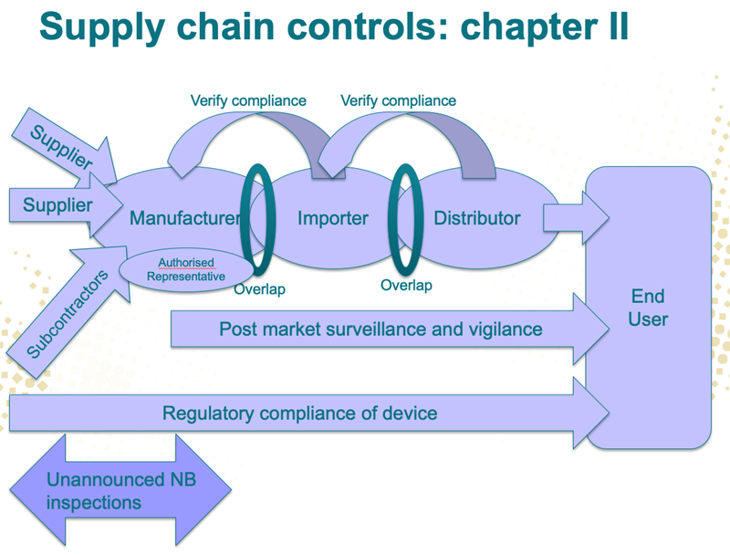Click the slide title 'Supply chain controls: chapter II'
pyautogui.click(x=334, y=26)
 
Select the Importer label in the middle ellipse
pyautogui.click(x=333, y=218)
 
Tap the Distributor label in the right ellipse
pyautogui.click(x=476, y=218)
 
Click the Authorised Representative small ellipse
pyautogui.click(x=186, y=269)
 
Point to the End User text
pyautogui.click(x=648, y=308)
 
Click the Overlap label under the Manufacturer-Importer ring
pyautogui.click(x=259, y=289)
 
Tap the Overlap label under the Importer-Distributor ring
pyautogui.click(x=406, y=285)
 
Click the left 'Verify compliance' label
pyautogui.click(x=248, y=100)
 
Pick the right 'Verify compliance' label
pyautogui.click(x=398, y=100)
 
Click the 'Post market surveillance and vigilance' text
pyautogui.click(x=381, y=329)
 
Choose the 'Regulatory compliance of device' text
pyautogui.click(x=299, y=414)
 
